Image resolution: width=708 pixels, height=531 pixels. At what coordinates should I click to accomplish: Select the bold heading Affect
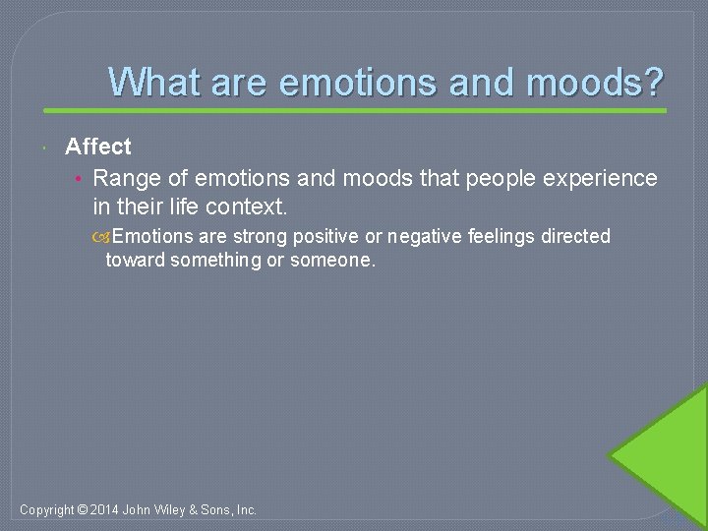97,147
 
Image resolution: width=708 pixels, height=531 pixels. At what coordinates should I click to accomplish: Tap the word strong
260,237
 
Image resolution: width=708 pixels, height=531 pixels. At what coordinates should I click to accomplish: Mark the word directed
577,237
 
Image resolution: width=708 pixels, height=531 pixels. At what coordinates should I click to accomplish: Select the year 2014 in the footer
104,509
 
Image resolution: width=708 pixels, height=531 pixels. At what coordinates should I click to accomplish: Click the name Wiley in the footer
167,509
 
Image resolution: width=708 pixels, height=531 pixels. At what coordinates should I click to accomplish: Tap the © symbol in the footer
82,509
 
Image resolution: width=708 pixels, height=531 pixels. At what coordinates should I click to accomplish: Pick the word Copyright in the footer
47,509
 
